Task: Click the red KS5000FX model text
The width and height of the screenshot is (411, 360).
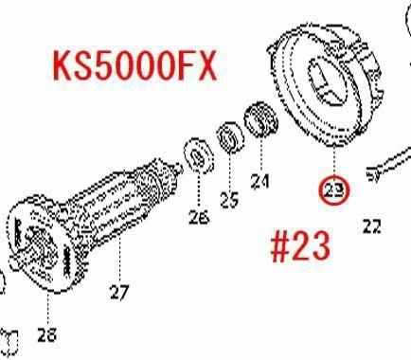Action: [x=134, y=66]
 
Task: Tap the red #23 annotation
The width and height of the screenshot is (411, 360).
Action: [x=300, y=245]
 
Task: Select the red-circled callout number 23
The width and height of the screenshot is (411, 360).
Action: [x=334, y=190]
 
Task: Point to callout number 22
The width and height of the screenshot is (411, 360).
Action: [x=372, y=226]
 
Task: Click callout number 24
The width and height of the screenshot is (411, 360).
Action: [x=260, y=181]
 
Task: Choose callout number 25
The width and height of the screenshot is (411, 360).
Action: [x=229, y=200]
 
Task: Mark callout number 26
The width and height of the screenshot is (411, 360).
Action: [x=199, y=217]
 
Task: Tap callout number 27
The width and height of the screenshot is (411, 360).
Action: [x=119, y=292]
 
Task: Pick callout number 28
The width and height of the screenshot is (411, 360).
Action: [x=46, y=334]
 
